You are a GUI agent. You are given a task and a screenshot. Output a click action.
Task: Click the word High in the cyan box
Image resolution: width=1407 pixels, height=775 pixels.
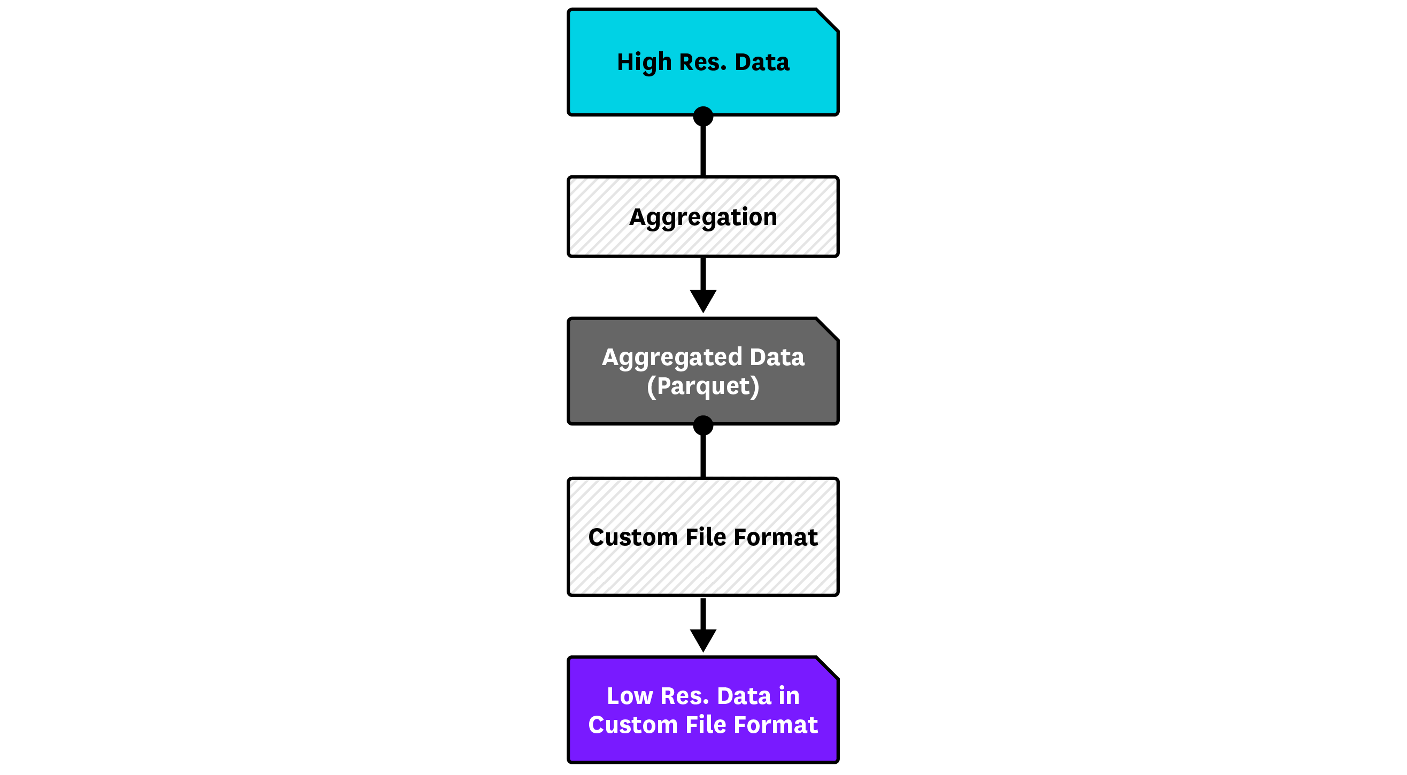[x=644, y=62]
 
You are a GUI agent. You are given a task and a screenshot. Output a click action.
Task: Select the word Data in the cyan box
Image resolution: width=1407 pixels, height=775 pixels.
[x=762, y=62]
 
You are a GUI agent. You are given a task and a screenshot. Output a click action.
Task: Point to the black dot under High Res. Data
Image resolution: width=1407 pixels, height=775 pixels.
[x=703, y=117]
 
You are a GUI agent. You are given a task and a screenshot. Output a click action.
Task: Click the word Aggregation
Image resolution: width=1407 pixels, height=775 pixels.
[x=703, y=218]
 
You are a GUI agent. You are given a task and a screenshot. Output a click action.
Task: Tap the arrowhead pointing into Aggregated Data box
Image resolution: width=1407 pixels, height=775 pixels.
[x=703, y=301]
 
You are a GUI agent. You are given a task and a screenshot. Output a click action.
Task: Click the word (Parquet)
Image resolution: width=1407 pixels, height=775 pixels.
[x=703, y=386]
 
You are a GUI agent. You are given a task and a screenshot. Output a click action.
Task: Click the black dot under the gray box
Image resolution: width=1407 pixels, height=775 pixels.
[x=703, y=425]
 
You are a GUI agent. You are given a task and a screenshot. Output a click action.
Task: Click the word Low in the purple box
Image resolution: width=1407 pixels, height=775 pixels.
[x=629, y=696]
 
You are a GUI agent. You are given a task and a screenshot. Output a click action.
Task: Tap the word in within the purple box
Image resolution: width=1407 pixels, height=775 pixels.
[x=789, y=696]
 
